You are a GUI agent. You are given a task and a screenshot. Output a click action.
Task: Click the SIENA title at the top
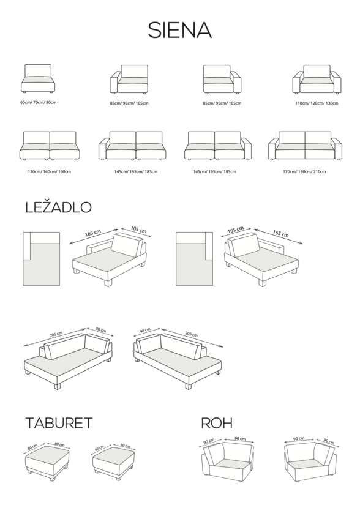coord(180,31)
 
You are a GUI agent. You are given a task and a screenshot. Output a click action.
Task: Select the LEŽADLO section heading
coord(58,207)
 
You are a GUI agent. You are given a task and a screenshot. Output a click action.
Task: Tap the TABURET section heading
coord(59,423)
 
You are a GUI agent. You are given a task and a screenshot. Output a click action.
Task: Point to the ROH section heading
coord(217,423)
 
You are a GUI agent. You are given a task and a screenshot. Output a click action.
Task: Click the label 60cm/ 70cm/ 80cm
coord(38,102)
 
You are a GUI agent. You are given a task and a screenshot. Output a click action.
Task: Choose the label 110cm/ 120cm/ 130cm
coord(317,103)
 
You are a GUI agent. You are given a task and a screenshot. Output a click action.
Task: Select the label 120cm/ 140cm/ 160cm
coord(49,171)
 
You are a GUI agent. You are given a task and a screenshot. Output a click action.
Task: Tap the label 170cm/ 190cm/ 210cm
coord(304,171)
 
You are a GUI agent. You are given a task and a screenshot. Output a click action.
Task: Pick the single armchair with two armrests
coord(317,80)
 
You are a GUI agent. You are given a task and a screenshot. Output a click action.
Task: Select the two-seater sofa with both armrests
coord(305,146)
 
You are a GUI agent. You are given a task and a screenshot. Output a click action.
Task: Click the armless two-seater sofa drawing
coord(50,146)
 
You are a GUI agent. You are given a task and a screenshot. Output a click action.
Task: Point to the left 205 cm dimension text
coord(56,334)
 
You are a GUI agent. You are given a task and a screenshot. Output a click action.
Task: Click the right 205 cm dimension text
coord(191,334)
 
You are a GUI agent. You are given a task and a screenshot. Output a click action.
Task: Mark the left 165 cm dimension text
coord(93,233)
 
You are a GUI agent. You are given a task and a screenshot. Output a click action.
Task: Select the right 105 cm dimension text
coord(236,230)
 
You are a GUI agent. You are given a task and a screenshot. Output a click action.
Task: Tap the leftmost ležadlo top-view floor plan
coord(42,259)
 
